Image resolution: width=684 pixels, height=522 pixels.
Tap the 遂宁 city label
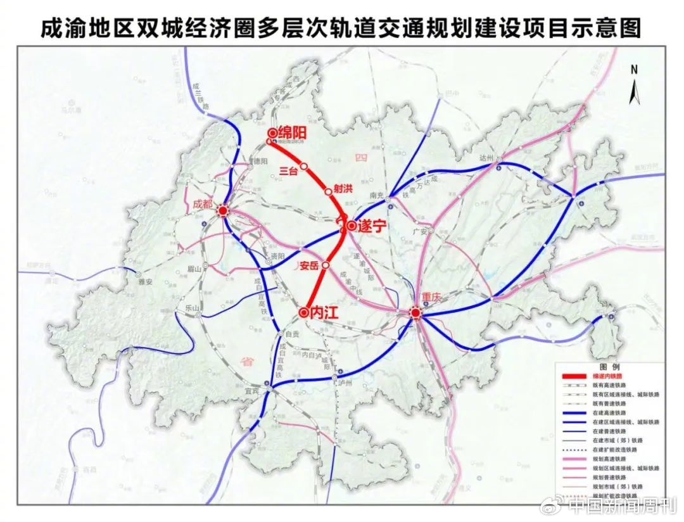click(x=372, y=226)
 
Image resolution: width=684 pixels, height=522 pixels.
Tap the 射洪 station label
click(x=343, y=187)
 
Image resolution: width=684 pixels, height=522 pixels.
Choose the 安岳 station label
click(x=308, y=265)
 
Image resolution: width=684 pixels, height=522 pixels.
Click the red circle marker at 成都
click(x=223, y=212)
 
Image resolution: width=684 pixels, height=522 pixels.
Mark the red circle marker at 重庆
click(x=415, y=313)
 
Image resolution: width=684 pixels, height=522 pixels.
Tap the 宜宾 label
click(x=253, y=392)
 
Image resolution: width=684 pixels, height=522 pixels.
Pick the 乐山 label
click(x=192, y=308)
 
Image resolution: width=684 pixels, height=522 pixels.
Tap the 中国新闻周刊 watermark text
click(x=623, y=505)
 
